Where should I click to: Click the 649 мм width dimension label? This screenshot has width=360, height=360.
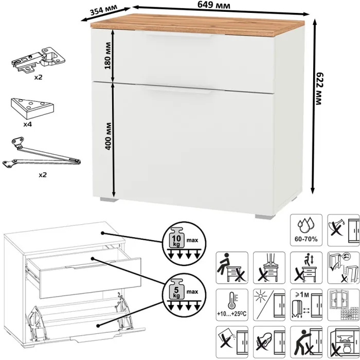click(x=214, y=5)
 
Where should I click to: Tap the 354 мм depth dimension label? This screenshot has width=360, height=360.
click(x=103, y=10)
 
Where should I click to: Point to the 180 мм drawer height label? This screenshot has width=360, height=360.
click(x=107, y=56)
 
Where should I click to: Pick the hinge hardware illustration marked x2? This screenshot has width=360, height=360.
click(x=39, y=59)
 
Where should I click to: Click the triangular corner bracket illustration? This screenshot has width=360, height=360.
click(x=32, y=109)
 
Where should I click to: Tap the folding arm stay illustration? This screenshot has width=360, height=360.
click(x=42, y=153)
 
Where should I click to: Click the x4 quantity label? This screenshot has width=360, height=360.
click(x=28, y=124)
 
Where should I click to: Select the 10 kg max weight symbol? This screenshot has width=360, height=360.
click(x=184, y=244)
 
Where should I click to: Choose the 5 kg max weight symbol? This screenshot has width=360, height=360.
click(x=184, y=295)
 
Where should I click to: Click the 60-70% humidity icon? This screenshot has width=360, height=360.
click(x=306, y=230)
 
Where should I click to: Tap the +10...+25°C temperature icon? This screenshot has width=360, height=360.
click(x=232, y=304)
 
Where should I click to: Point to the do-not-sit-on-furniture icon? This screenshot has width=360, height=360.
click(x=232, y=267)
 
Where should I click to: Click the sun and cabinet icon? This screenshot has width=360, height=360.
click(x=269, y=304)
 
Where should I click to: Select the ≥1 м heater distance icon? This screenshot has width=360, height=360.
click(x=306, y=304)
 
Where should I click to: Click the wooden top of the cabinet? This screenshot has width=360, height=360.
click(x=197, y=25)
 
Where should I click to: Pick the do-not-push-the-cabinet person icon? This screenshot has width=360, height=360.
click(x=306, y=342)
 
